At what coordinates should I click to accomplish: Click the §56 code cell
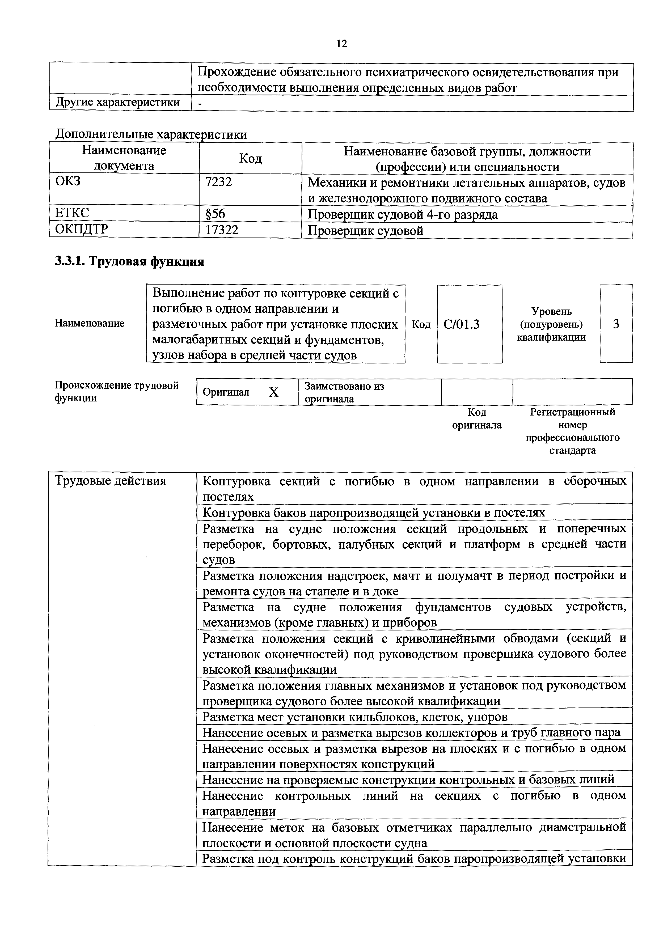215,214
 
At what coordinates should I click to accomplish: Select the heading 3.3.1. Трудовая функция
129,262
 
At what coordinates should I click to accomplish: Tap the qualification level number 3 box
616,324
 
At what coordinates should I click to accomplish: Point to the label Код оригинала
477,418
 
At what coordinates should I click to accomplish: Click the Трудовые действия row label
111,481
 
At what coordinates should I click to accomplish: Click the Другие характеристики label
117,102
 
